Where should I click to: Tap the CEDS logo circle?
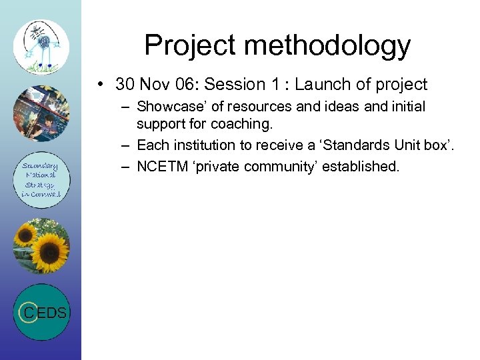tap(41, 312)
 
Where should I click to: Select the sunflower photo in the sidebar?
tap(41, 246)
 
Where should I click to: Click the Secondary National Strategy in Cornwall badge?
tap(41, 180)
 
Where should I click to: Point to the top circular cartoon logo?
tap(41, 46)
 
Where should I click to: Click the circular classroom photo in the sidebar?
tap(41, 113)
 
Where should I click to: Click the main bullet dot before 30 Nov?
tap(99, 85)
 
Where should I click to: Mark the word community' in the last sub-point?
tap(280, 166)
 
